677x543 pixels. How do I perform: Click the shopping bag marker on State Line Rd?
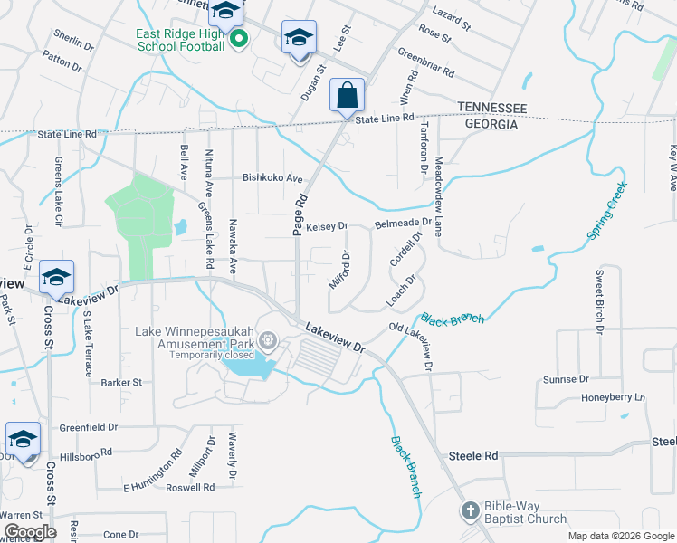(348, 94)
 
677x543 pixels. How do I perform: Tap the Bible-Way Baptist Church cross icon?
(470, 512)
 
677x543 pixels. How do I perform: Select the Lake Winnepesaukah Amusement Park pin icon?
(268, 341)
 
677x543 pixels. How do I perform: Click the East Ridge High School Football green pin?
(240, 39)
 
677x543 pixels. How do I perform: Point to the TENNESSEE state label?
(491, 108)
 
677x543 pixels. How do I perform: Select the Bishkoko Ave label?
(272, 178)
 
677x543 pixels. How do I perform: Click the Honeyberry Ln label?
(613, 397)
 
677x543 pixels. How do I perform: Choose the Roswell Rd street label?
(189, 487)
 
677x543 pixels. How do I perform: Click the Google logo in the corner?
(30, 532)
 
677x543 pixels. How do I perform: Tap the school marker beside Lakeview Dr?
(56, 277)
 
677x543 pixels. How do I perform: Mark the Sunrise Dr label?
(565, 379)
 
